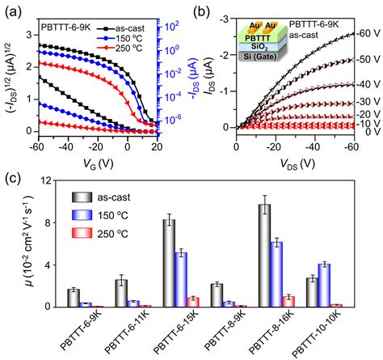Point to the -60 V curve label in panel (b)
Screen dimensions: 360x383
[366, 33]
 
